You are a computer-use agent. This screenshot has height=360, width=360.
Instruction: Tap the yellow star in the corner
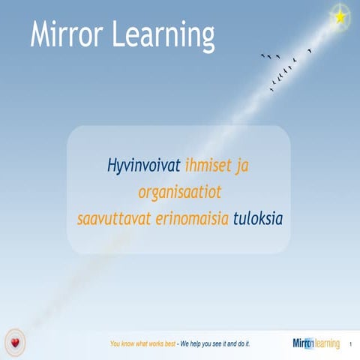[340, 16]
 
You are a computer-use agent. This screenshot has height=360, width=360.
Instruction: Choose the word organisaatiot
[179, 193]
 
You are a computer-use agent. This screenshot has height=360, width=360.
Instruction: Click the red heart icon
[15, 343]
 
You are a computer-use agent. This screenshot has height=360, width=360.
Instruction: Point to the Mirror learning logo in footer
[316, 343]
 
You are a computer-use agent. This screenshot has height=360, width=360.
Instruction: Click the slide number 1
[350, 344]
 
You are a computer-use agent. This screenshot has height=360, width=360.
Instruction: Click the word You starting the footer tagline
[115, 344]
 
